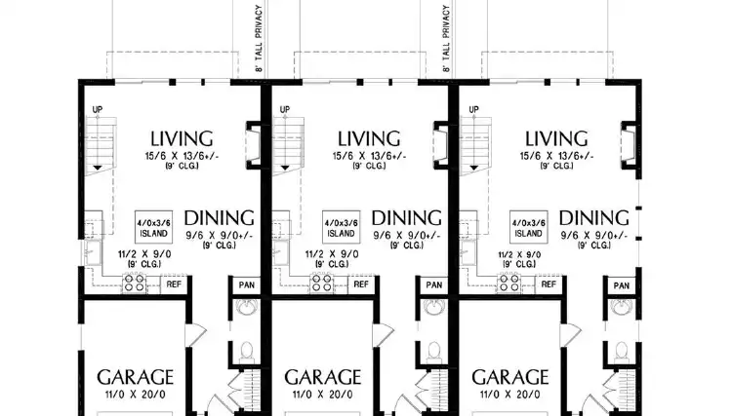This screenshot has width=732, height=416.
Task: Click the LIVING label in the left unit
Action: (x=181, y=138)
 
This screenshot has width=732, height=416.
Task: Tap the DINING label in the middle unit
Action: (x=408, y=217)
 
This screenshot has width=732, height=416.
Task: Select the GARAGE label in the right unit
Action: (x=510, y=377)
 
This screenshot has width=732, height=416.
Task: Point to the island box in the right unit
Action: (x=529, y=228)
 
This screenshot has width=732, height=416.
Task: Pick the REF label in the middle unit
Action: (x=360, y=284)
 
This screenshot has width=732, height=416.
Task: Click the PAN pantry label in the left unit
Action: (x=244, y=284)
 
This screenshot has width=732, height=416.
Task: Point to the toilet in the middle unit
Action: (x=432, y=353)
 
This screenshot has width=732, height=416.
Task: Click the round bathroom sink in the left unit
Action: (x=245, y=311)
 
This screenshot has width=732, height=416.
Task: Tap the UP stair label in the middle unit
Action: (x=284, y=109)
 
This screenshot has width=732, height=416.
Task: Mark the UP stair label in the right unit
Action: (x=471, y=109)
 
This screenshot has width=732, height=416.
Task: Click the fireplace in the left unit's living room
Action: (x=252, y=144)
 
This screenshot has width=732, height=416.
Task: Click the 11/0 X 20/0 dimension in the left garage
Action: (x=135, y=396)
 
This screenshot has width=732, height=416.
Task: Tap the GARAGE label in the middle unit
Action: (x=322, y=377)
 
